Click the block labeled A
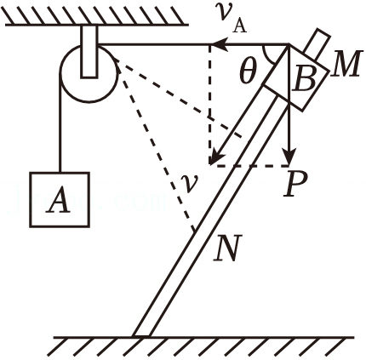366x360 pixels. tap(60, 199)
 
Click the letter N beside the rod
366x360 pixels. tap(228, 248)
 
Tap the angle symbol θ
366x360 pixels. tap(248, 72)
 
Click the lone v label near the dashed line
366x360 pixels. tap(189, 183)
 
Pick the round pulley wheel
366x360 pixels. tap(89, 73)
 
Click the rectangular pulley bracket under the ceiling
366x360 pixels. tap(89, 51)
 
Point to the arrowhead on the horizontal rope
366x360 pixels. tap(220, 44)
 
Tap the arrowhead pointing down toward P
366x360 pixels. tap(289, 157)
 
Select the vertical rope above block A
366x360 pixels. tap(60, 123)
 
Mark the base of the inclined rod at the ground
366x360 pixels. tap(141, 336)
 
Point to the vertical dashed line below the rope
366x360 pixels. tap(209, 105)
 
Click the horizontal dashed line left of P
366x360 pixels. tap(249, 165)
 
